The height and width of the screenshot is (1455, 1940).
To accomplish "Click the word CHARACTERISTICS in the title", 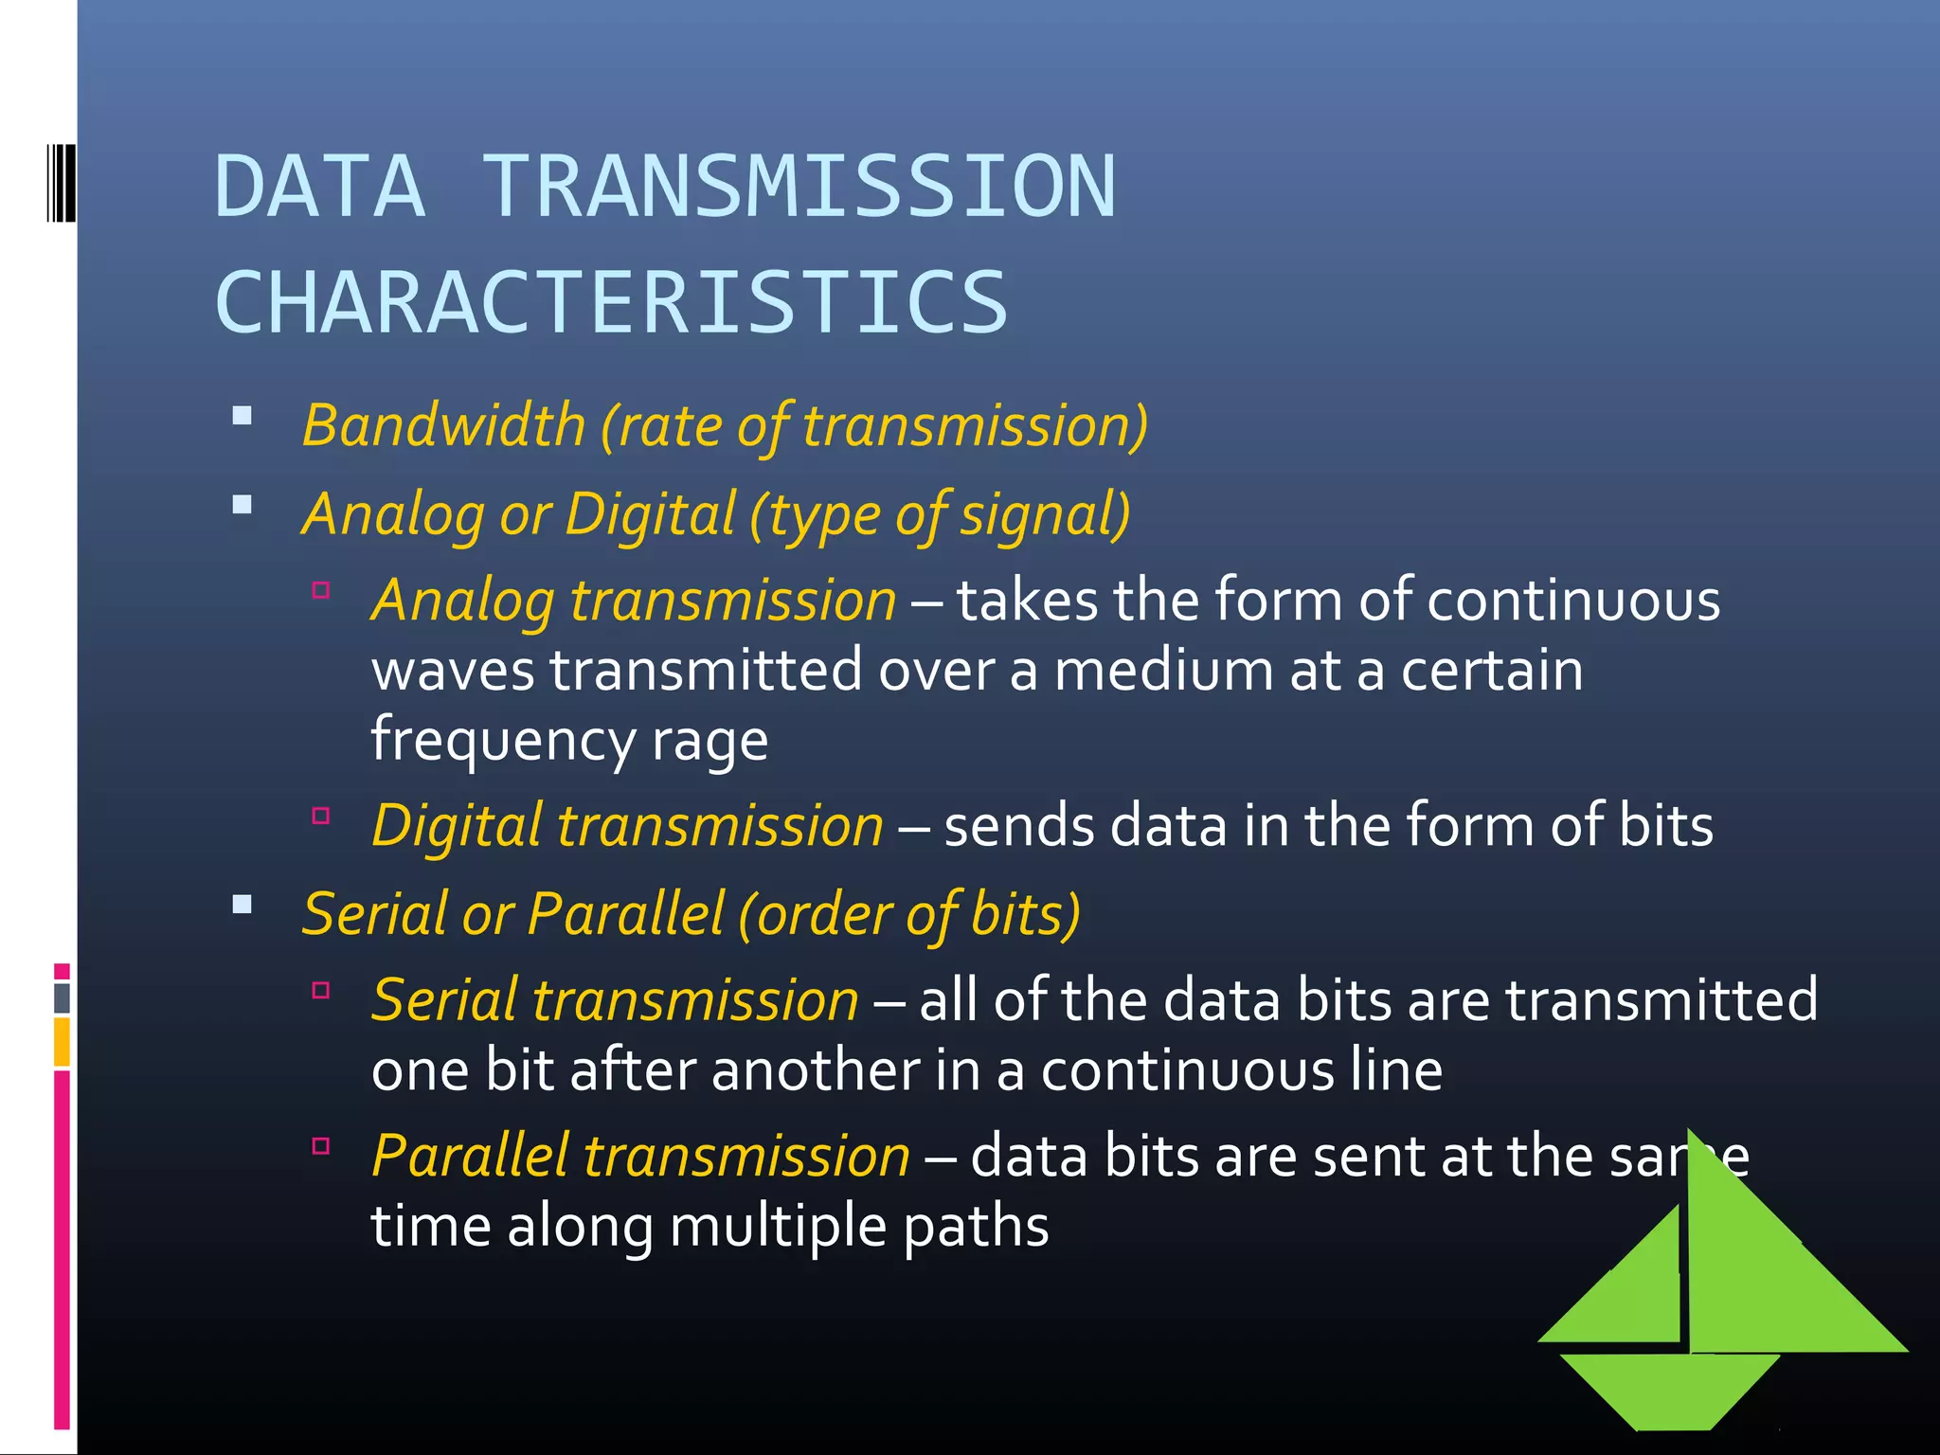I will (612, 303).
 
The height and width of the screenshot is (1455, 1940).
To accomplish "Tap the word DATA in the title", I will (320, 187).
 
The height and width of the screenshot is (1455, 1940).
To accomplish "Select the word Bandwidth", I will (443, 425).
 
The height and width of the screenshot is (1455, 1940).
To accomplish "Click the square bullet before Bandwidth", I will (242, 416).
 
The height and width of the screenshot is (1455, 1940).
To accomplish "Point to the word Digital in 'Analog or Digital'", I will (650, 514).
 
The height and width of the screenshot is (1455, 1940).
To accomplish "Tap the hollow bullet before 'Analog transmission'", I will (321, 591).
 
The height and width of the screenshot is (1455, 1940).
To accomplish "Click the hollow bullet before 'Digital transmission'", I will (321, 816).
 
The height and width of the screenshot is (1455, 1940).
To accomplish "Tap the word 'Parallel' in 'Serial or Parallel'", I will (625, 914).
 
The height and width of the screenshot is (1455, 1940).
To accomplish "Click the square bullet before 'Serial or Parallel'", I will (242, 905).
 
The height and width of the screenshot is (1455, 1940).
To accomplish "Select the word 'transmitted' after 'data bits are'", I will (1662, 1000).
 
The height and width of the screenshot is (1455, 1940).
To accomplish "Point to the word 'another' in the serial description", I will (816, 1070).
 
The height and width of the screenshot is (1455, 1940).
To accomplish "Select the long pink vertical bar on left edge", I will (62, 1250).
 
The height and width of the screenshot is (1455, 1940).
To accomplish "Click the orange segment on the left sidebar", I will (62, 1042).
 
